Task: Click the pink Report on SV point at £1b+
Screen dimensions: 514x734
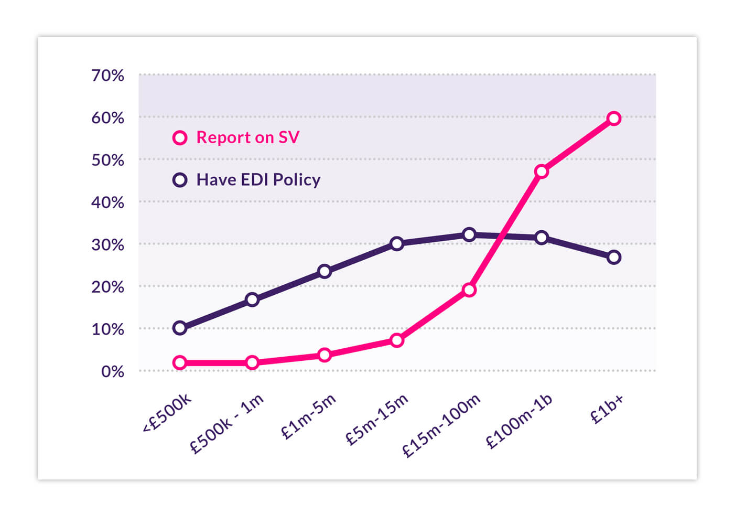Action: pyautogui.click(x=614, y=119)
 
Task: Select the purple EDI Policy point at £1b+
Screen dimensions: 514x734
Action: pyautogui.click(x=614, y=257)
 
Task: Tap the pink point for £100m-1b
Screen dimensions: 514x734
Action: pyautogui.click(x=542, y=172)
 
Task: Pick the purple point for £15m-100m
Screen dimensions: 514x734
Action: pyautogui.click(x=469, y=234)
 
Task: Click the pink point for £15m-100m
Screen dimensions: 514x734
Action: pyautogui.click(x=469, y=290)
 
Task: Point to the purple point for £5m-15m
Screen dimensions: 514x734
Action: pyautogui.click(x=397, y=243)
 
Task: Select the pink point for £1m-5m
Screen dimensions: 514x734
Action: pyautogui.click(x=325, y=355)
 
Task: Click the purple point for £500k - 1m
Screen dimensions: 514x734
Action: pyautogui.click(x=252, y=299)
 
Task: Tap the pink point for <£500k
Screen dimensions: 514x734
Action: pyautogui.click(x=180, y=362)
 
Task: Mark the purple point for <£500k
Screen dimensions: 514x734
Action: pyautogui.click(x=180, y=328)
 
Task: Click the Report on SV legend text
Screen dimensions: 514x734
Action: pyautogui.click(x=247, y=137)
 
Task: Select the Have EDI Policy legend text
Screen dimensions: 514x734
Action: pyautogui.click(x=258, y=180)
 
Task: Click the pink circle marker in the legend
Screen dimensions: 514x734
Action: pyautogui.click(x=180, y=138)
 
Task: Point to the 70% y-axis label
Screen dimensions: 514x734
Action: pyautogui.click(x=108, y=76)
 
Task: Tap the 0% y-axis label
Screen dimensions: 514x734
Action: pyautogui.click(x=112, y=372)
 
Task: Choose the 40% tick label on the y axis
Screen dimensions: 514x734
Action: pyautogui.click(x=108, y=202)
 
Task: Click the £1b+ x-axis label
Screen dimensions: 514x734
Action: pyautogui.click(x=607, y=409)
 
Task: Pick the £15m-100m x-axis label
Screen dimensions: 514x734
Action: pyautogui.click(x=441, y=426)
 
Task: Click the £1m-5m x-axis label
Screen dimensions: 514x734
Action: pyautogui.click(x=308, y=417)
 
